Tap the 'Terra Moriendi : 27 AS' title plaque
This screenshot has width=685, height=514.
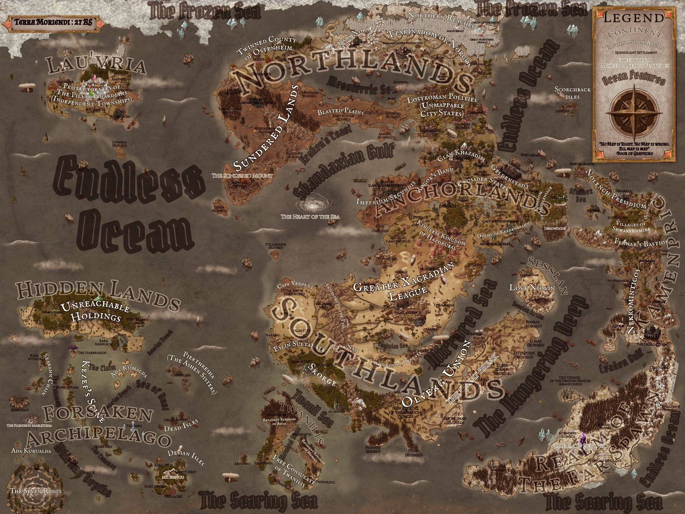(53, 22)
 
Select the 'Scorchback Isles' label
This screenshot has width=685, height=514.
(572, 93)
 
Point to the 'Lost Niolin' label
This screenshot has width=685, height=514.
(532, 288)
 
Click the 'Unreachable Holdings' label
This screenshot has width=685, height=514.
(95, 312)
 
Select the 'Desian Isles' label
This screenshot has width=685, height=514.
(186, 457)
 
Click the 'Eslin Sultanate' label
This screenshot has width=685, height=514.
(299, 348)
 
